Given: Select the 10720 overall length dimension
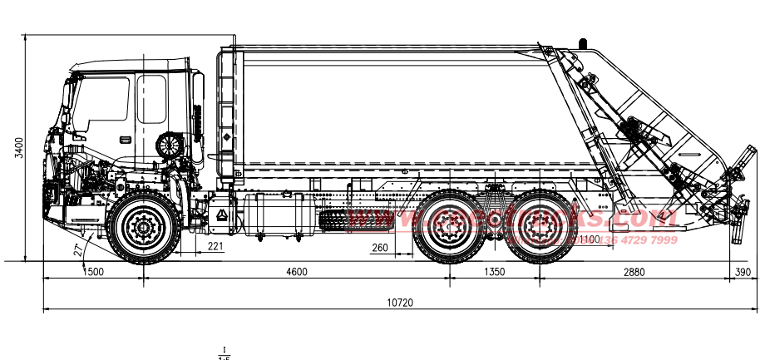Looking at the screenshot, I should (400, 303).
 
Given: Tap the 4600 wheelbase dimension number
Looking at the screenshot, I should (296, 272).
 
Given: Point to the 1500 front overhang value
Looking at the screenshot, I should (93, 272).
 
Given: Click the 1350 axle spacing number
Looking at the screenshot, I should (494, 272).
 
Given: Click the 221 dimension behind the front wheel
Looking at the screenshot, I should (215, 246).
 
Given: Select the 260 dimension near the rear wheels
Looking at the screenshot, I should (379, 247).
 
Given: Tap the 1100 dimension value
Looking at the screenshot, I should (589, 240).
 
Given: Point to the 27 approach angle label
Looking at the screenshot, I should (76, 248).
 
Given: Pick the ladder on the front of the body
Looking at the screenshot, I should (225, 112).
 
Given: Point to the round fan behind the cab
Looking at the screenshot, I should (170, 145).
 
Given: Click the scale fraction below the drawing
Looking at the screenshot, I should (223, 353).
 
